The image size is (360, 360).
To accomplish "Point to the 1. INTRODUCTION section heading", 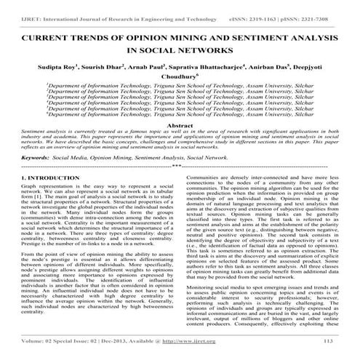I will [x=38, y=177].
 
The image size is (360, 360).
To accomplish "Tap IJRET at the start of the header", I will [x=15, y=10].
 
